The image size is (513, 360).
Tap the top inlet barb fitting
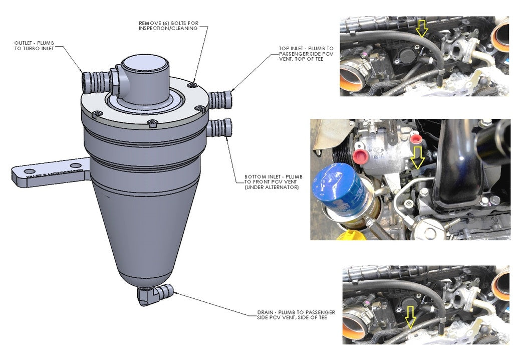[221, 99]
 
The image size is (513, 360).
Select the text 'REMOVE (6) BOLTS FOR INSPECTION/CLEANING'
[168, 26]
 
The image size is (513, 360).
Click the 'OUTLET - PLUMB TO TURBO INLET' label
[34, 46]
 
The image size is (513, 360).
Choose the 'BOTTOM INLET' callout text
[273, 182]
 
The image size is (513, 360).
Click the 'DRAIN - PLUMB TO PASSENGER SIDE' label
[296, 315]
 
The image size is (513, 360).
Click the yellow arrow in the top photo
[422, 29]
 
